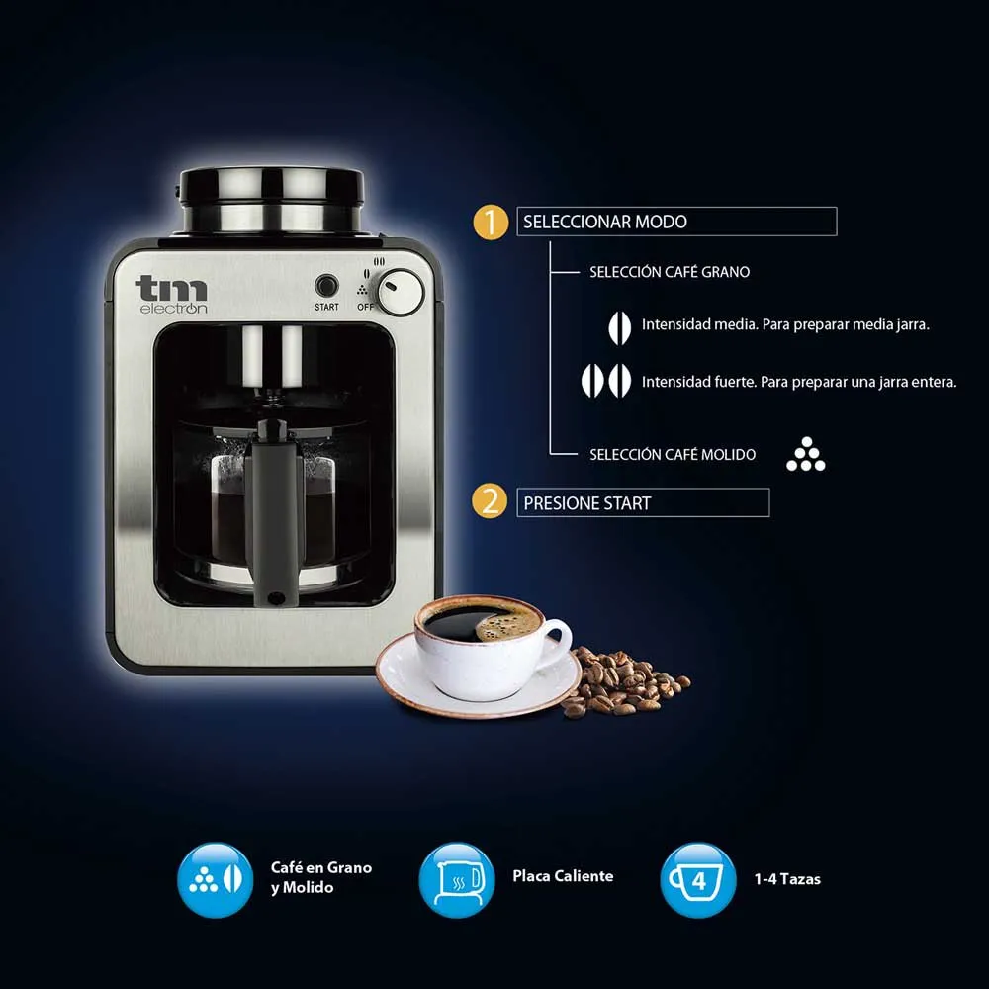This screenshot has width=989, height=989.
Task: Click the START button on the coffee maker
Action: pos(326,286)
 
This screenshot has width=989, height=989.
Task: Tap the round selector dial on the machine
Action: pos(401,292)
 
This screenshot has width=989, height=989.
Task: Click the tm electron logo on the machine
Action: pos(171,295)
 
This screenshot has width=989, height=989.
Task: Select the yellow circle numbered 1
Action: pos(491,222)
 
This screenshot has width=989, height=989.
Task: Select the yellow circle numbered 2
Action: pos(490,502)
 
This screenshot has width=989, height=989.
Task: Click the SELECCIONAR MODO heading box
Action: pos(676,222)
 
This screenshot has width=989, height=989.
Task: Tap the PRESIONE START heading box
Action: pos(643,502)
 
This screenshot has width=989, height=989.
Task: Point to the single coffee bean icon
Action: pos(619,327)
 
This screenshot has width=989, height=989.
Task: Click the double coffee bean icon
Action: pos(605,381)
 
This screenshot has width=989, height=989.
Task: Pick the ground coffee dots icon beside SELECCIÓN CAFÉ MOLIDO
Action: pos(805,454)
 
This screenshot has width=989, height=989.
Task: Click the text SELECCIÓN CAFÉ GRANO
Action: pos(670,272)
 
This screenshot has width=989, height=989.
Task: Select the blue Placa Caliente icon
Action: pos(457,880)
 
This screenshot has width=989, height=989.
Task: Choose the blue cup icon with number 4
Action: pos(697,880)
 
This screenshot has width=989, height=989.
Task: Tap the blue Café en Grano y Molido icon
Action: pos(215,880)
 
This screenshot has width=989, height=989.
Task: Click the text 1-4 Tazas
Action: pos(787,879)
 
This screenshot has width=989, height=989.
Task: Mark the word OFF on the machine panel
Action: pos(365,307)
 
